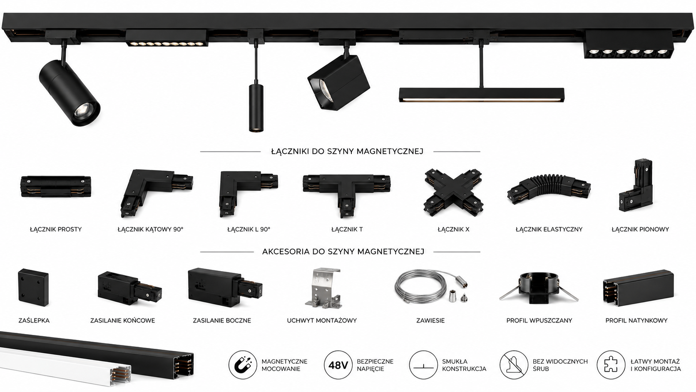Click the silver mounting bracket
pos(323,288)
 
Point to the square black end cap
pos(33,287)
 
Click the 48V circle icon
pos(338,365)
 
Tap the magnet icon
pos(243,365)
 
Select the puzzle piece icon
pos(611,365)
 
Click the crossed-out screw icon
pos(514,365)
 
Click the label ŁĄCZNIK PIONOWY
pos(640,230)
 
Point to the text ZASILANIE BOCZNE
pos(222,320)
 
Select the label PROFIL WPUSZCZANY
pos(539,320)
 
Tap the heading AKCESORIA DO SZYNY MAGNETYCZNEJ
pos(343,252)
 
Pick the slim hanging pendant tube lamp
pos(256,107)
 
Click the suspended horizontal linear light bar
pos(482,95)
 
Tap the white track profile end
pos(119,376)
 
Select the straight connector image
pos(56,186)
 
